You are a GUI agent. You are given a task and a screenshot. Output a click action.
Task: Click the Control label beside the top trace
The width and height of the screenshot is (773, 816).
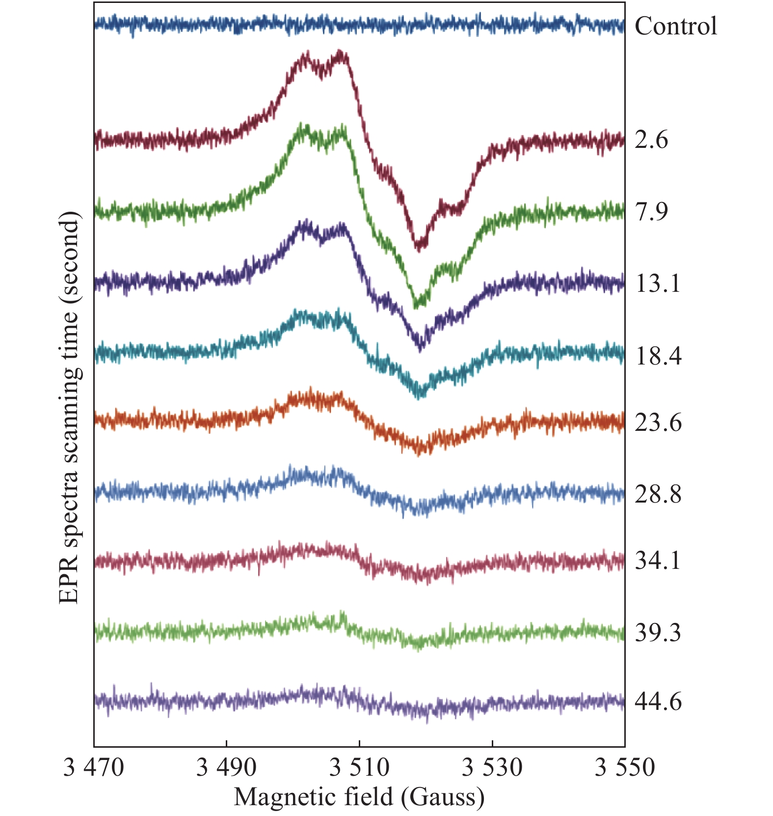(x=675, y=26)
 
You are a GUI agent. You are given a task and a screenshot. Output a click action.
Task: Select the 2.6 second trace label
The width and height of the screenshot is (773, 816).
(x=651, y=140)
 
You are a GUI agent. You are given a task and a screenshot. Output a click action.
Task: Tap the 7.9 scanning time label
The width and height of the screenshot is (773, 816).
(x=651, y=212)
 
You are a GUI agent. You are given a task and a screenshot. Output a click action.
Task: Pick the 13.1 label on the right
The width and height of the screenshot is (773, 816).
(x=658, y=283)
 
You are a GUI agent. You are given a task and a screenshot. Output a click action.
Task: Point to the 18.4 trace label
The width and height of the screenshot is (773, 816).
(x=658, y=355)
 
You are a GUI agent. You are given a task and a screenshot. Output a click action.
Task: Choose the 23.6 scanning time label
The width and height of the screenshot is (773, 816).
(x=658, y=422)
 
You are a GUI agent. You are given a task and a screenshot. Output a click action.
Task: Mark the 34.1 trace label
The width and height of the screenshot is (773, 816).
(x=658, y=561)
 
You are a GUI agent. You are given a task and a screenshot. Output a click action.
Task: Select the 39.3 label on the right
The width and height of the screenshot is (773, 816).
(x=658, y=633)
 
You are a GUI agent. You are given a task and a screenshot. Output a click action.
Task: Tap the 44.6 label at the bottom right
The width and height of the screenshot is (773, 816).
(x=658, y=701)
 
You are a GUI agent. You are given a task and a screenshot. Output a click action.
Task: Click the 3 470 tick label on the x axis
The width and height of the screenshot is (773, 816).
(x=93, y=767)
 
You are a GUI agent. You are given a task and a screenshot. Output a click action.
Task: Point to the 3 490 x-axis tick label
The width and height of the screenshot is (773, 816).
(x=226, y=767)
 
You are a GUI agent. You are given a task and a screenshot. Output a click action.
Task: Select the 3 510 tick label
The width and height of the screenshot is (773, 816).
(x=359, y=767)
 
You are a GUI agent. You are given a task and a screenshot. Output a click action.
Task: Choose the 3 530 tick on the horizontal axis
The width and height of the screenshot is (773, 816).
(x=492, y=767)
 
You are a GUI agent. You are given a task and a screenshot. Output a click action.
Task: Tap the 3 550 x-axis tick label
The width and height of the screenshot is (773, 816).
(x=625, y=767)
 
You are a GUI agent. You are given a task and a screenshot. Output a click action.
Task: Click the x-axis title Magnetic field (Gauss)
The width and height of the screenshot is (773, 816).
(x=359, y=797)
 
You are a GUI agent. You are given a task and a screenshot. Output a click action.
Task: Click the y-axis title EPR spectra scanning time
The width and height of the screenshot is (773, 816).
(x=69, y=408)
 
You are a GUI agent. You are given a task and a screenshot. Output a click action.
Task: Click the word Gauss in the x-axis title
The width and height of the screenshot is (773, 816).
(x=442, y=797)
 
